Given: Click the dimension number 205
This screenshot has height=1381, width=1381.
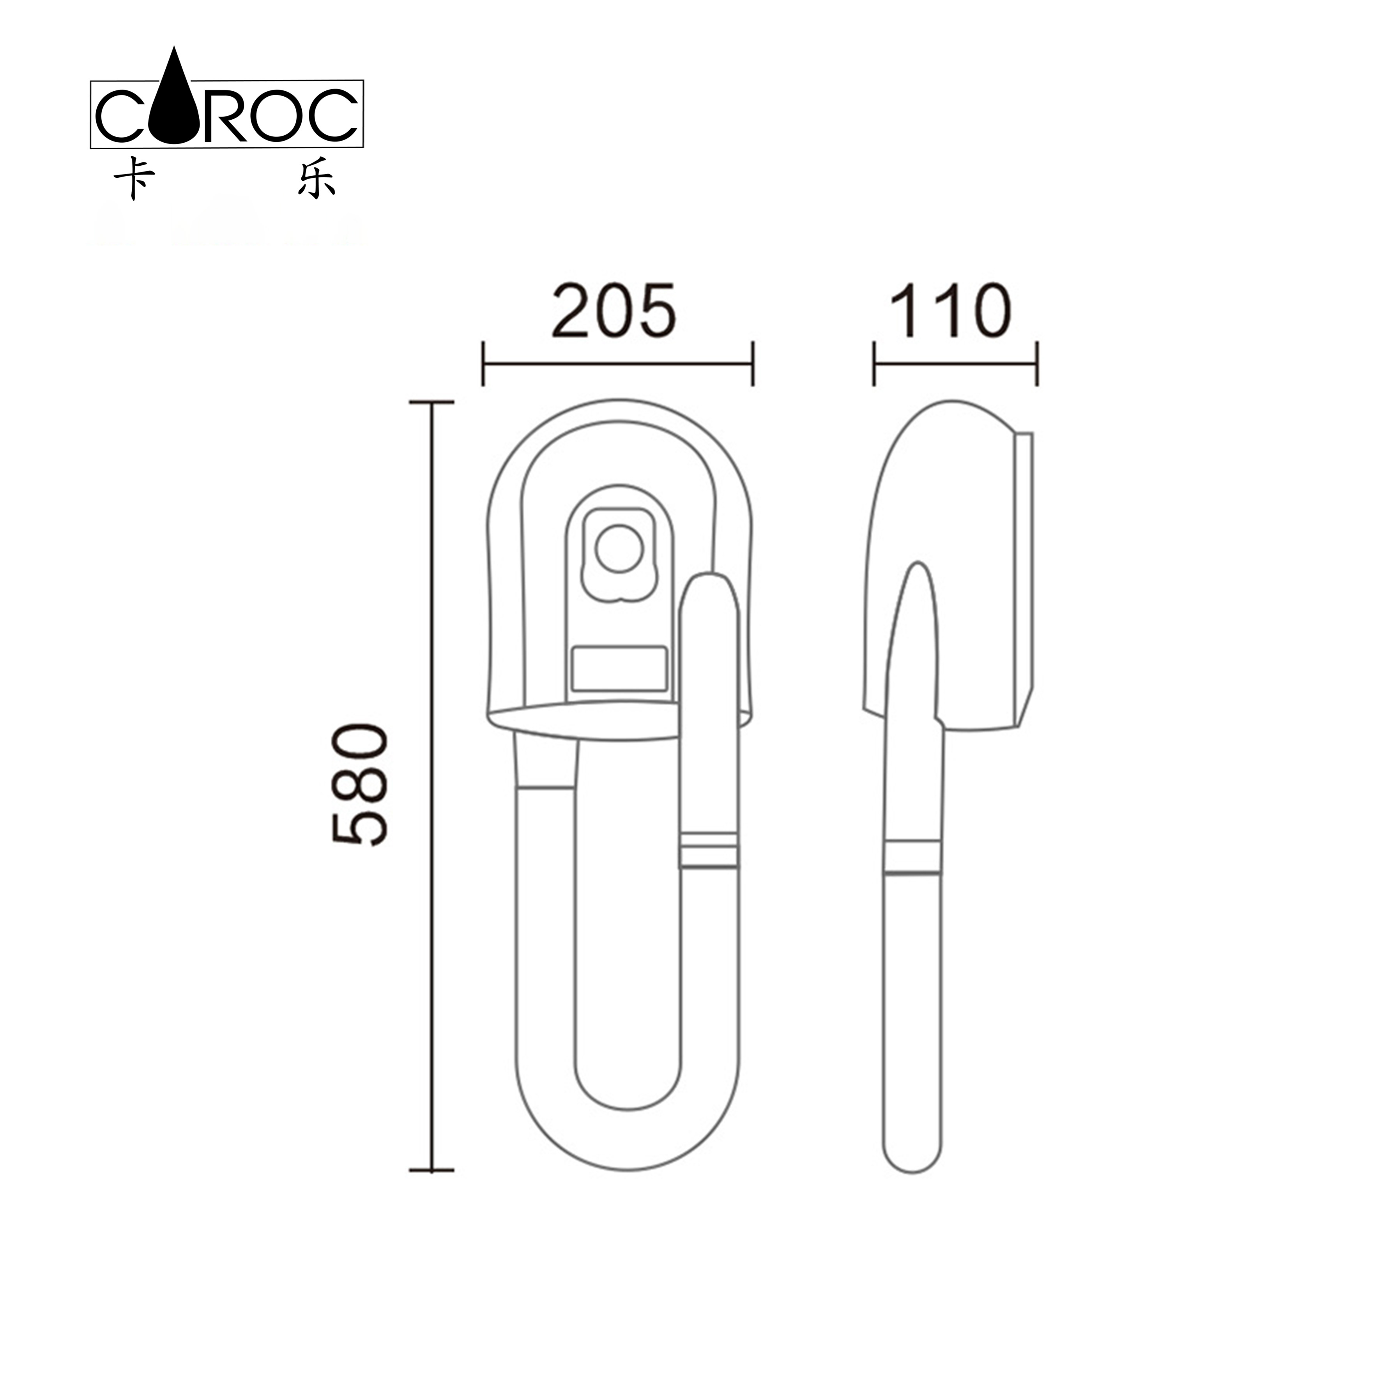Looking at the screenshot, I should click(x=613, y=312).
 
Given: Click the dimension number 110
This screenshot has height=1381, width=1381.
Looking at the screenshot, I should click(x=950, y=312).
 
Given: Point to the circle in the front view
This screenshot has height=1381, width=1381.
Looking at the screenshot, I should click(x=619, y=548).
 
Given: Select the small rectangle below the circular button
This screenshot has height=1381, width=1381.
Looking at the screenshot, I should click(x=619, y=668).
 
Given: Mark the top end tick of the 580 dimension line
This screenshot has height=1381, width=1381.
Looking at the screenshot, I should click(x=432, y=402).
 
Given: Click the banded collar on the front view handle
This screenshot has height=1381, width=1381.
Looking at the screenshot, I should click(x=708, y=851).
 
